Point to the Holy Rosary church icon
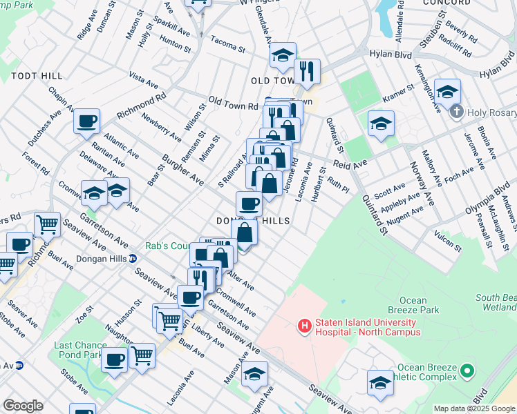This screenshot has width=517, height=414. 455,111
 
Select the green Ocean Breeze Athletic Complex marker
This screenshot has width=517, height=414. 467,372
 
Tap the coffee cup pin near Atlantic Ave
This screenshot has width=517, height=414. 87,121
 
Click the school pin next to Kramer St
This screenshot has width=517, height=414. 380,124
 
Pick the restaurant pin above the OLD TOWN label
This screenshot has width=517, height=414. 305,70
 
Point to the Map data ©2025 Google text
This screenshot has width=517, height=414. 473,408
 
